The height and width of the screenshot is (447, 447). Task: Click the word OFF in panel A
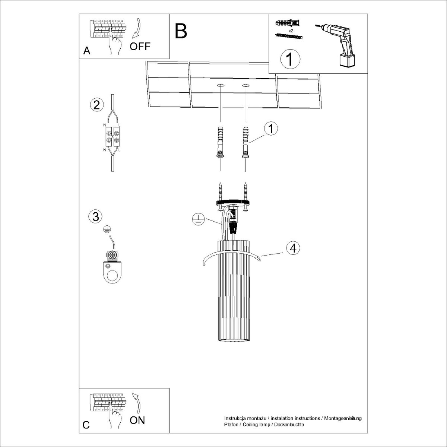pos(140,47)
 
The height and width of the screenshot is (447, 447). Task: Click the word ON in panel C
pos(137,420)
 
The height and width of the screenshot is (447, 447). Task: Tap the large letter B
pos(181,31)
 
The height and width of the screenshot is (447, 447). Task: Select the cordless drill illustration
pos(336,45)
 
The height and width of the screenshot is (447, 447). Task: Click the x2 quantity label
pos(290,31)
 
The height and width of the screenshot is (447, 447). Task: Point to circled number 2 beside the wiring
pos(96,105)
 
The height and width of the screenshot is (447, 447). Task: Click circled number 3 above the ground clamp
pos(95,216)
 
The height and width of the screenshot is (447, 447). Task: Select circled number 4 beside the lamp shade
pos(293,248)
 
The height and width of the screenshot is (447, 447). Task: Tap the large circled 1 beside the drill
pos(290,59)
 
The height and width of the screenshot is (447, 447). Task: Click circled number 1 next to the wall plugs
pos(271,128)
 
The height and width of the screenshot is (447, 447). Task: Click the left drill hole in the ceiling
pos(221,86)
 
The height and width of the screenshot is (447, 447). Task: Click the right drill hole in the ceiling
pos(246,86)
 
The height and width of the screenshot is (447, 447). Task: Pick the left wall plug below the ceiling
pos(220,142)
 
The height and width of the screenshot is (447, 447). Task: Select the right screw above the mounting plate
pos(245,191)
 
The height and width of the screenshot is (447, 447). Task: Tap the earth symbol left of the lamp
pos(198,219)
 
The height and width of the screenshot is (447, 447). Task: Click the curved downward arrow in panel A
pos(136,28)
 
